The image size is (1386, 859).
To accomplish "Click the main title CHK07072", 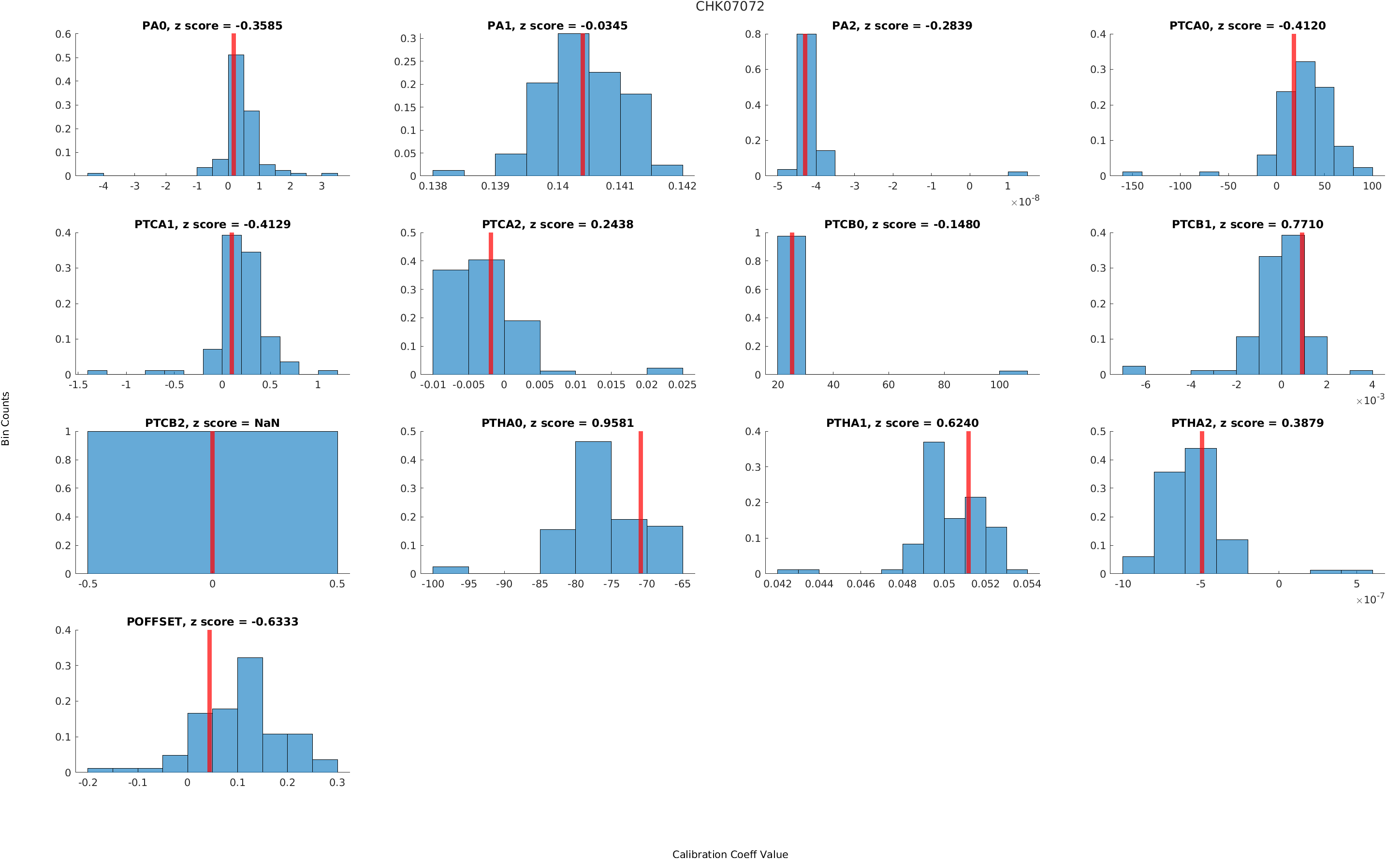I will click(729, 7).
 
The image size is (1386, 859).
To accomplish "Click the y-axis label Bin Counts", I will click(6, 418).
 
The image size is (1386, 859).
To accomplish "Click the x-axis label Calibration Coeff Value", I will click(729, 853).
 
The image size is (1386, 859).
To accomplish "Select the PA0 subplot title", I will click(212, 26).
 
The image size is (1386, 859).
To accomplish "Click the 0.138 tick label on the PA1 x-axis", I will click(432, 186).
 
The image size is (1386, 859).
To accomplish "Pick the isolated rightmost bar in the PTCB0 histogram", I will click(1013, 373).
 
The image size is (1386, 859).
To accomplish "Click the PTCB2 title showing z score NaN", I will click(212, 423).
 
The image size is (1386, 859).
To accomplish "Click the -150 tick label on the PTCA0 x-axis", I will click(1132, 186).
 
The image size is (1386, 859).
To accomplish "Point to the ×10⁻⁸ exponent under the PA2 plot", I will click(1025, 202).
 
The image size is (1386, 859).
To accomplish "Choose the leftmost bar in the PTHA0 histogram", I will click(451, 570).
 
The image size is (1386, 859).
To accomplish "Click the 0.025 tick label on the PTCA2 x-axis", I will click(682, 385).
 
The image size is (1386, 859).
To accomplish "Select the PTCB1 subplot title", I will click(1247, 224).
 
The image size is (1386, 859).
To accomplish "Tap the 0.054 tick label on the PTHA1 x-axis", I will click(1026, 584).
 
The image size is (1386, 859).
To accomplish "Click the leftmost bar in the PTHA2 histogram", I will click(1138, 565).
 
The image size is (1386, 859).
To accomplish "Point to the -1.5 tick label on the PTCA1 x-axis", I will click(78, 385).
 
